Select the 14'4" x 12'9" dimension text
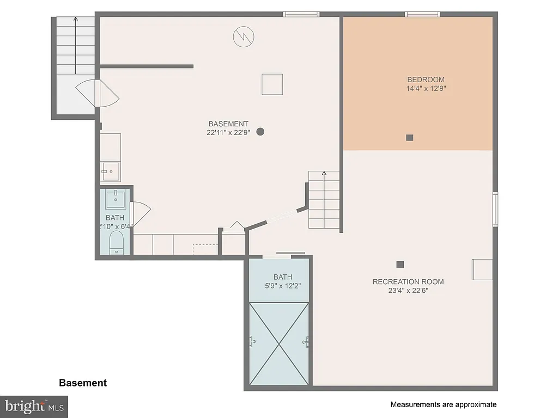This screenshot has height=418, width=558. [x=426, y=88]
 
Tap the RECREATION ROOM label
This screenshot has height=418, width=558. [x=408, y=281]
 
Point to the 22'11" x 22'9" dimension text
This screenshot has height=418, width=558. [x=228, y=132]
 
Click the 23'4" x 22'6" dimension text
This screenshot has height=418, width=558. [x=408, y=291]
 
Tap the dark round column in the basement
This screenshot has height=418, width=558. [x=260, y=131]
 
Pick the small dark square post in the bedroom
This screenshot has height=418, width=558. [x=410, y=138]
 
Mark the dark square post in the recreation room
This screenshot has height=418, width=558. [x=400, y=265]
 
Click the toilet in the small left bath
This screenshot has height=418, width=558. [x=117, y=242]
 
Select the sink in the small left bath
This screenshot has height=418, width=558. [x=116, y=199]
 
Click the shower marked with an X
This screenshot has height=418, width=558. [x=279, y=343]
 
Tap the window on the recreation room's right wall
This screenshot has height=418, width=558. [x=495, y=209]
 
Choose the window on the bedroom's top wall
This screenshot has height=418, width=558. [x=422, y=14]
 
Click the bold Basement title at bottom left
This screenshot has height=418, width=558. [x=83, y=383]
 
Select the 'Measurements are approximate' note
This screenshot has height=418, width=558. [x=443, y=404]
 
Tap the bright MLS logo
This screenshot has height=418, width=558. [x=34, y=406]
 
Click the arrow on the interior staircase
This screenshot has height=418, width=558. [x=324, y=174]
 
